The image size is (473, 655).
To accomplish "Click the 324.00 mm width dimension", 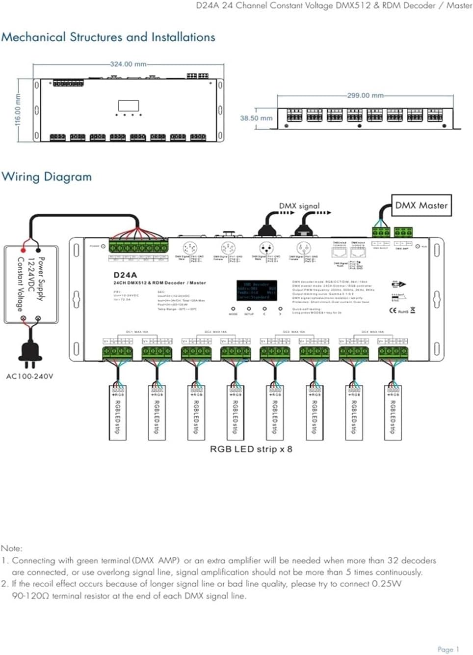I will click(128, 64).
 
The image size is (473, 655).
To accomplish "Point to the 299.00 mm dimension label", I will click(365, 95).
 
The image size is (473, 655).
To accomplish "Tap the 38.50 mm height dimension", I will click(256, 118).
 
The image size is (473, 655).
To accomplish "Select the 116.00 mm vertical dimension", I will click(18, 110).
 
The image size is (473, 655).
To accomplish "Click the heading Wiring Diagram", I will click(47, 177).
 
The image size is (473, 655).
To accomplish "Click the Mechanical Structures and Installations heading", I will click(108, 37).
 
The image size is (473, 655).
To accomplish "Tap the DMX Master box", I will click(421, 205).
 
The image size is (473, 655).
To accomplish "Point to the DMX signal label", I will click(299, 206).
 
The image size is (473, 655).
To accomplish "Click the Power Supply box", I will click(31, 284).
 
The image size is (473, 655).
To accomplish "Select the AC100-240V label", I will click(29, 376).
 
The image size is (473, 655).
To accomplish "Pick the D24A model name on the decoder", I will click(125, 275).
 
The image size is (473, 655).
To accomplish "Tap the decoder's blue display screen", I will click(257, 290).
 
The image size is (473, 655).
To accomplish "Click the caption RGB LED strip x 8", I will click(251, 449).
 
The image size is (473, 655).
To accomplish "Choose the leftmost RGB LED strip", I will click(117, 412).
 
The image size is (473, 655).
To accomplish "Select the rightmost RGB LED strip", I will click(393, 412).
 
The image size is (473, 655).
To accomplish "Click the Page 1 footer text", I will click(448, 649).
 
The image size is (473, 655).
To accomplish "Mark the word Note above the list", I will click(11, 548).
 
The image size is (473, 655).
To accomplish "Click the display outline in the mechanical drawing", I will click(128, 106).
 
